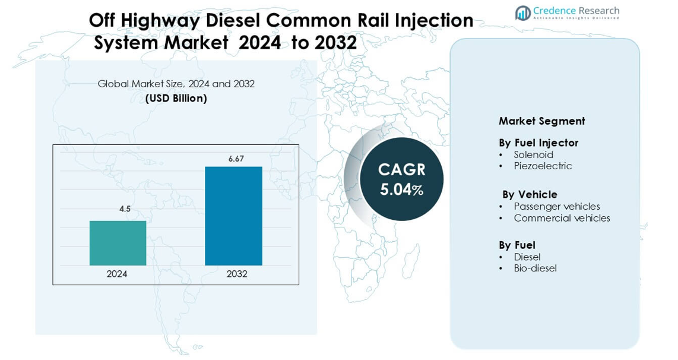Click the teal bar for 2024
click(118, 243)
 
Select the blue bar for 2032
click(233, 216)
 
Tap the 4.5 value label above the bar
click(125, 209)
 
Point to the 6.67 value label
click(236, 159)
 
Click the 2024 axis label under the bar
click(117, 274)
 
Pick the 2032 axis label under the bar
click(237, 274)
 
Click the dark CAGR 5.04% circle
click(401, 179)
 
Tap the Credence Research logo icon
click(522, 12)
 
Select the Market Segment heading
click(541, 121)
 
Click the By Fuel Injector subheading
click(538, 143)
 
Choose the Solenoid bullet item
click(533, 154)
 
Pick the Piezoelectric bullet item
click(543, 166)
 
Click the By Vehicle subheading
click(530, 194)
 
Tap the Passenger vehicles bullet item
click(556, 206)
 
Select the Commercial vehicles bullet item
click(562, 218)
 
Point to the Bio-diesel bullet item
click(535, 268)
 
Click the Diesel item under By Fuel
click(527, 257)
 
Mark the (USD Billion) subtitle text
click(176, 99)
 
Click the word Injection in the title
click(429, 20)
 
